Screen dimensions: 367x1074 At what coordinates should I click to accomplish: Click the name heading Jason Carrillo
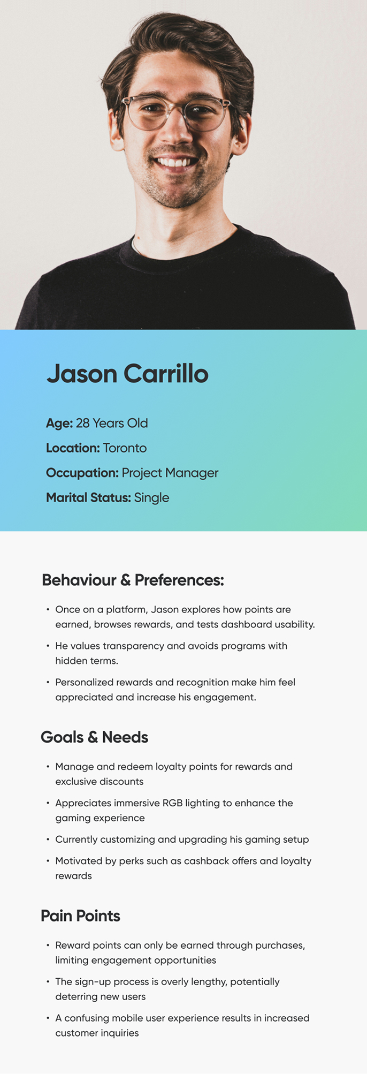127,374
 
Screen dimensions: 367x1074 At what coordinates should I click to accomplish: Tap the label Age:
59,423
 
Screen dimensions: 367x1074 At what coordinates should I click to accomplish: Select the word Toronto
125,448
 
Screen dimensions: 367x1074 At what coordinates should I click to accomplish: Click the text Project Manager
170,473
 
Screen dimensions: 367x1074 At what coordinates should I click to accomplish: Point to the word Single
151,498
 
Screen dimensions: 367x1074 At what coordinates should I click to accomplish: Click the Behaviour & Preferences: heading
133,580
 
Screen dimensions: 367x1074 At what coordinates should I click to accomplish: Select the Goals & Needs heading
94,737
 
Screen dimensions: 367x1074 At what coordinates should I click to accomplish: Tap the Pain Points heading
80,916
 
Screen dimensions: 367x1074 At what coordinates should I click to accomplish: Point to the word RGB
173,803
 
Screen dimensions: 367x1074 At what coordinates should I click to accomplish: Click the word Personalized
83,682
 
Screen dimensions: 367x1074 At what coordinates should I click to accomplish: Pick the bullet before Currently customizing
48,839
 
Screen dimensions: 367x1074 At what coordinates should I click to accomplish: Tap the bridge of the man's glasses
177,106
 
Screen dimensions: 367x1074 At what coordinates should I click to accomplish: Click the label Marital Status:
88,498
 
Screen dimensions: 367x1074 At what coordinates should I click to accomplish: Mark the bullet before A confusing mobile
48,1018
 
